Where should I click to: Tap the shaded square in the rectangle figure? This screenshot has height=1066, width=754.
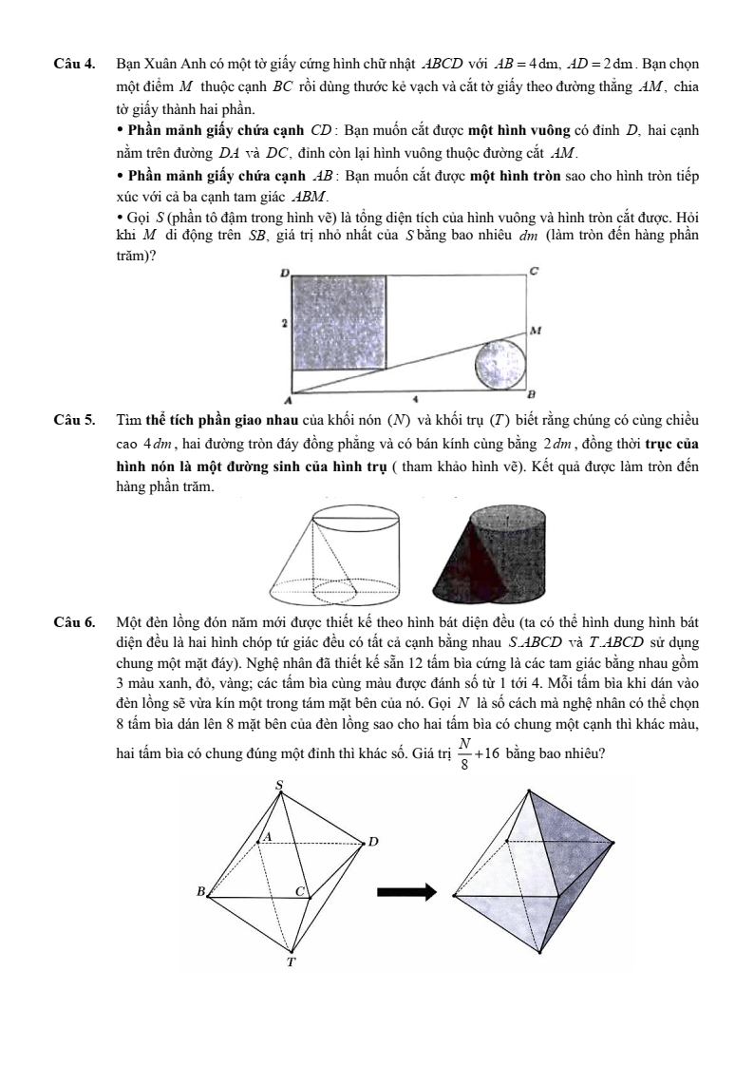(x=339, y=322)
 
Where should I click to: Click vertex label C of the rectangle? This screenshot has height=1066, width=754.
(x=534, y=272)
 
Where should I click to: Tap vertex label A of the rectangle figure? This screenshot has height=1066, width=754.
(x=284, y=399)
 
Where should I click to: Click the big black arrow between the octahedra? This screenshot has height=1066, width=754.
(x=406, y=891)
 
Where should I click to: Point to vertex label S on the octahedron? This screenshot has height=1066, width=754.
(x=278, y=784)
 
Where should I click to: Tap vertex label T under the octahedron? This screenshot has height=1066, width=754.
(x=292, y=961)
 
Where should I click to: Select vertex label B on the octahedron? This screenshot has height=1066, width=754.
(x=200, y=891)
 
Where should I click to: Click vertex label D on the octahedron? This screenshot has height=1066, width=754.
(x=373, y=841)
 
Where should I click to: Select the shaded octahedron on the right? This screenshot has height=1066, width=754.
(x=534, y=874)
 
